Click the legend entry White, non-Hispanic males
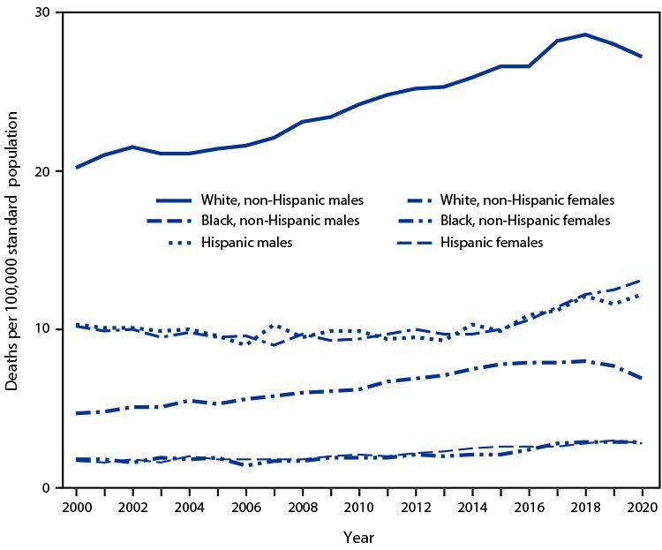283,200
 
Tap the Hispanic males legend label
246,241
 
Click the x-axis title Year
359,538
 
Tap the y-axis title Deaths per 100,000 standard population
15,251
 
